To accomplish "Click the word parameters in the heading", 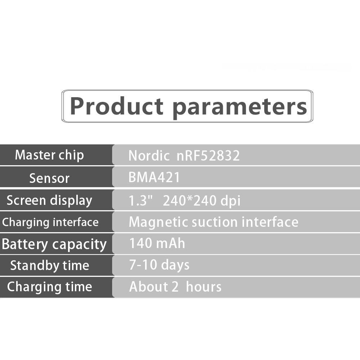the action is (240, 108).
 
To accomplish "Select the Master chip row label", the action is (49, 155).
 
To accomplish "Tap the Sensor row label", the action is (49, 178).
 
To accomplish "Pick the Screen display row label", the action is (49, 201).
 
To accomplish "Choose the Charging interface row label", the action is (50, 222).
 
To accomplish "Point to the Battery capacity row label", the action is (54, 244).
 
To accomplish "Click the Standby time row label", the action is (50, 266).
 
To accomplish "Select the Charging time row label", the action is (50, 287).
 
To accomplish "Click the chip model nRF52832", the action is (208, 156).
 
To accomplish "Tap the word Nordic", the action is (149, 156).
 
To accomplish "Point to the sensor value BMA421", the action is (154, 177).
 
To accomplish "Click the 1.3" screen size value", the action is (140, 201).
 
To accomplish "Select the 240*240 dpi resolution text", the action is (202, 201).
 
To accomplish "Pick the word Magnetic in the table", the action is (158, 222).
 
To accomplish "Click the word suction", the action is (215, 222).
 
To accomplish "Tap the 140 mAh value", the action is (157, 243).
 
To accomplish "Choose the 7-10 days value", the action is (159, 265).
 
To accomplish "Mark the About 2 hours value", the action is (175, 287).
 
